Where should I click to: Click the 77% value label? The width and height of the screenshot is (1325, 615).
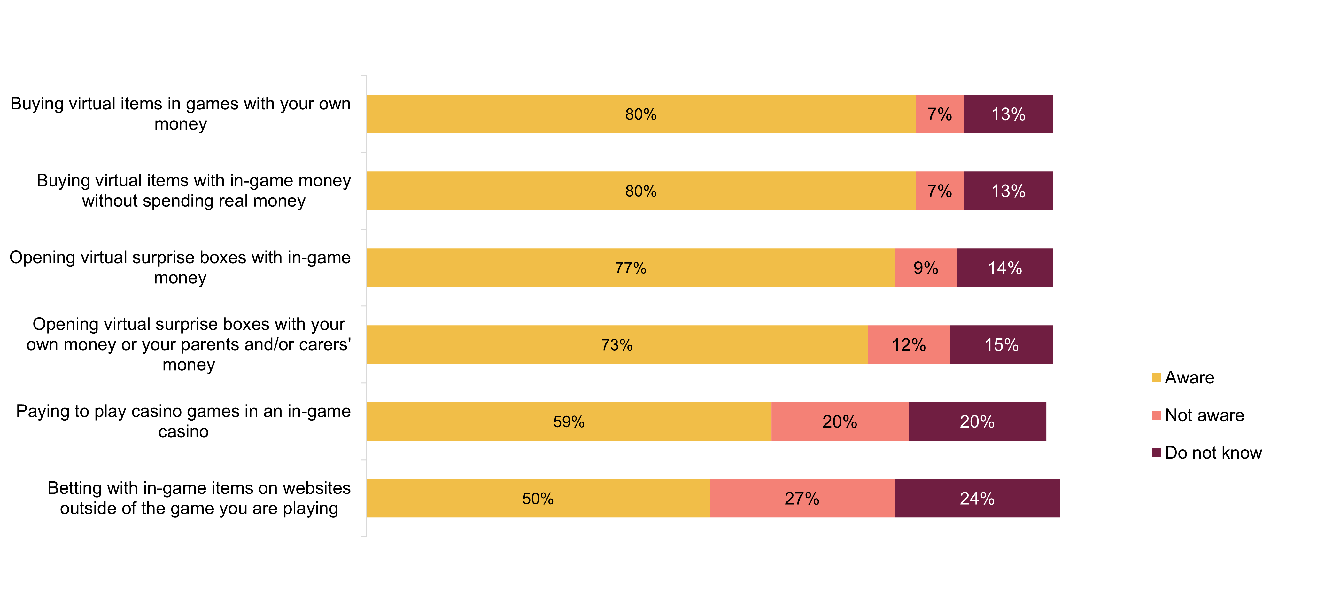tap(630, 268)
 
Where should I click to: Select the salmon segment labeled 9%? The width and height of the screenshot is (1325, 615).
tap(926, 268)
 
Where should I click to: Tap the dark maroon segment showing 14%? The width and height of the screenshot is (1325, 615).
tap(1005, 268)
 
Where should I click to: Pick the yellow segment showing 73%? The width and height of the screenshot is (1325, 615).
tap(617, 345)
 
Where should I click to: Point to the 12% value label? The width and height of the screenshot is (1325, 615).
tap(909, 345)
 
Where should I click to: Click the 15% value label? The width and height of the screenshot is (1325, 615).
tap(1002, 345)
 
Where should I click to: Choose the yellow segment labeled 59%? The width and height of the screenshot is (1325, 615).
tap(569, 422)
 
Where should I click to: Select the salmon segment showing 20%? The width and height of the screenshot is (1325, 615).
tap(840, 422)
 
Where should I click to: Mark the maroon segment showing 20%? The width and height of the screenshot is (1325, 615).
tap(977, 422)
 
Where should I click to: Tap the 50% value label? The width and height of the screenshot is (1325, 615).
tap(538, 499)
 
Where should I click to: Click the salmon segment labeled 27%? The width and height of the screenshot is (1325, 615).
tap(802, 499)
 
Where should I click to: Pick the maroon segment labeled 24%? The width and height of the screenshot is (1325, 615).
tap(977, 499)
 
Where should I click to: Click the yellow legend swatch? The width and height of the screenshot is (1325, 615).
tap(1157, 378)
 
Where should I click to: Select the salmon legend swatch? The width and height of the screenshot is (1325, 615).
tap(1157, 415)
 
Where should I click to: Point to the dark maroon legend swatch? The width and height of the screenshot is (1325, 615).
tap(1157, 453)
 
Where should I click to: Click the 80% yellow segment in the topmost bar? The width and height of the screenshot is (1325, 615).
tap(641, 114)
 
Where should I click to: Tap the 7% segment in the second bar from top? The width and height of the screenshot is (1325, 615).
tap(940, 191)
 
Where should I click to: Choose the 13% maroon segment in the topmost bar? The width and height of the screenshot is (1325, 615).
tap(1008, 114)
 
